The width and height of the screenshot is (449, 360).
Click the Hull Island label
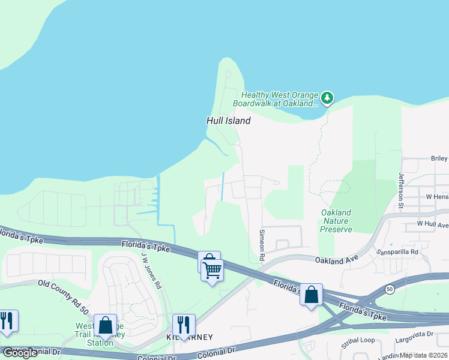[x=228, y=121]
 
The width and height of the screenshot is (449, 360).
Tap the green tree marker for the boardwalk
[x=327, y=98]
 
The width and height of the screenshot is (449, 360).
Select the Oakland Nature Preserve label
[x=336, y=221]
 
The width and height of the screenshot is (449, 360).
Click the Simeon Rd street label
[x=262, y=244]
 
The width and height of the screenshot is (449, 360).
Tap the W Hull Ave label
[x=433, y=225]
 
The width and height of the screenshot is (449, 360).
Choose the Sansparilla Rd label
[x=397, y=253]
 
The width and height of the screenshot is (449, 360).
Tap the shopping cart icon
[x=212, y=270]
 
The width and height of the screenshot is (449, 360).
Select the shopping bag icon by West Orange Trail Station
[x=105, y=325]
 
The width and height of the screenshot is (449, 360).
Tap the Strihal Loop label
[x=358, y=340]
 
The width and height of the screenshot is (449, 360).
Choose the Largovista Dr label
[x=414, y=334]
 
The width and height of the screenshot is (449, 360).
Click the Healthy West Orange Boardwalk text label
[x=280, y=99]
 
